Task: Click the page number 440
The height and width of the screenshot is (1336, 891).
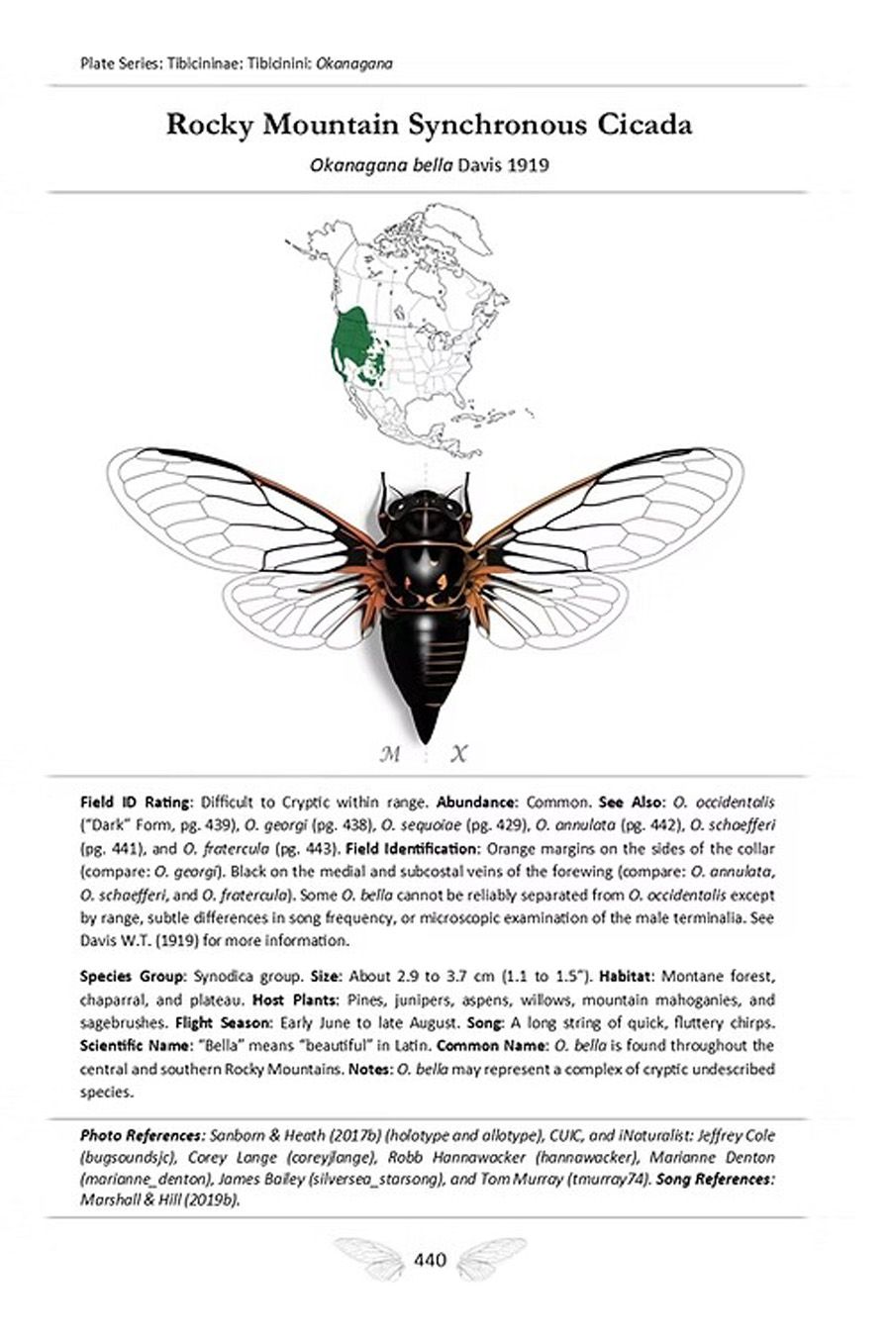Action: (x=431, y=1260)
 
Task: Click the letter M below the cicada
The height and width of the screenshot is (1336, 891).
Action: (x=390, y=755)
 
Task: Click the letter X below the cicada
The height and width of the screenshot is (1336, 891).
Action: (x=458, y=755)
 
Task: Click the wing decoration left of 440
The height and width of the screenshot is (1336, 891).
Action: (x=371, y=1258)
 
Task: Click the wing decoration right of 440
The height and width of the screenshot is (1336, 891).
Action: (x=490, y=1258)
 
